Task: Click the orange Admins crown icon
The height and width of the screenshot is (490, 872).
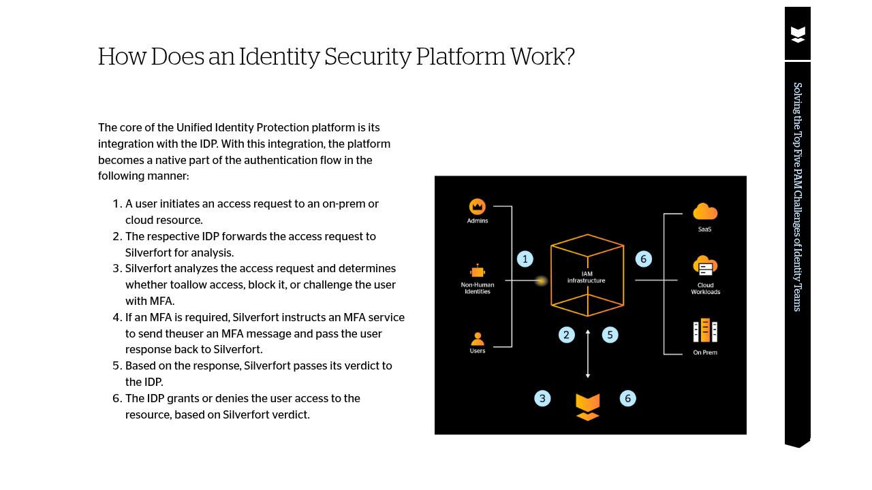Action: pyautogui.click(x=478, y=206)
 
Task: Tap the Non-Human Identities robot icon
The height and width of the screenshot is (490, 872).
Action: pyautogui.click(x=478, y=272)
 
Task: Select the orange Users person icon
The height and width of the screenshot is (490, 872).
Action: pyautogui.click(x=478, y=339)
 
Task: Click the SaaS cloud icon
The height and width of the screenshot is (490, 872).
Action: pyautogui.click(x=705, y=212)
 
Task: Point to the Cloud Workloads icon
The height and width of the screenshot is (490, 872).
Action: pyautogui.click(x=705, y=266)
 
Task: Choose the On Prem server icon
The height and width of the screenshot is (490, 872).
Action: pyautogui.click(x=705, y=331)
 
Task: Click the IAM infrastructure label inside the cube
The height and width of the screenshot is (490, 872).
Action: pyautogui.click(x=587, y=277)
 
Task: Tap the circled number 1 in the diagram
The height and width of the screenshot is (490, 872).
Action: pyautogui.click(x=525, y=259)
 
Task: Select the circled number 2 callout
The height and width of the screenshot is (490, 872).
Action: pyautogui.click(x=566, y=335)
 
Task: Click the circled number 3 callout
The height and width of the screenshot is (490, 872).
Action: pyautogui.click(x=542, y=399)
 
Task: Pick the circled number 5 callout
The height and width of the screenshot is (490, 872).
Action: pyautogui.click(x=610, y=335)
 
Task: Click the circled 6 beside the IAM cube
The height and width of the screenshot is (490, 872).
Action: pyautogui.click(x=643, y=259)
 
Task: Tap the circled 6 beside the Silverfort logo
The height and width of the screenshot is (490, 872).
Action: pyautogui.click(x=628, y=399)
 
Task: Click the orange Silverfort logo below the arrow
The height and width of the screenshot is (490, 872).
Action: pyautogui.click(x=587, y=406)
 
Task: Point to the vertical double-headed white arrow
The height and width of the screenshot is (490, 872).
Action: pyautogui.click(x=588, y=354)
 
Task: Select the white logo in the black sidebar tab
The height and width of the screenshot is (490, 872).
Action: pyautogui.click(x=798, y=35)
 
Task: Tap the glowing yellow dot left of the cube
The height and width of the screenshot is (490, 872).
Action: pyautogui.click(x=542, y=280)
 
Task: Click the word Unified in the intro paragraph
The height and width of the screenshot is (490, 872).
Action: pyautogui.click(x=193, y=128)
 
